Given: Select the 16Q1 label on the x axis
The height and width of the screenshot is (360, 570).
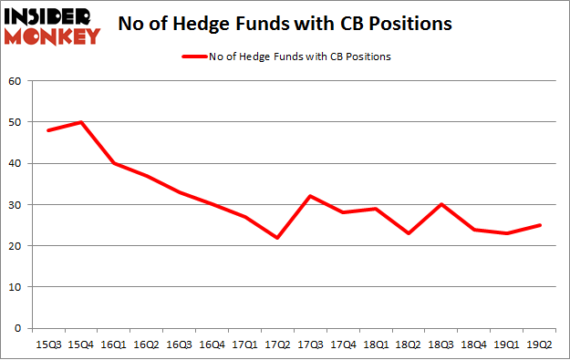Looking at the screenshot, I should click(x=114, y=345).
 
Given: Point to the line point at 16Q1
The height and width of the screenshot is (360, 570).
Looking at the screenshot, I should click(x=114, y=163).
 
